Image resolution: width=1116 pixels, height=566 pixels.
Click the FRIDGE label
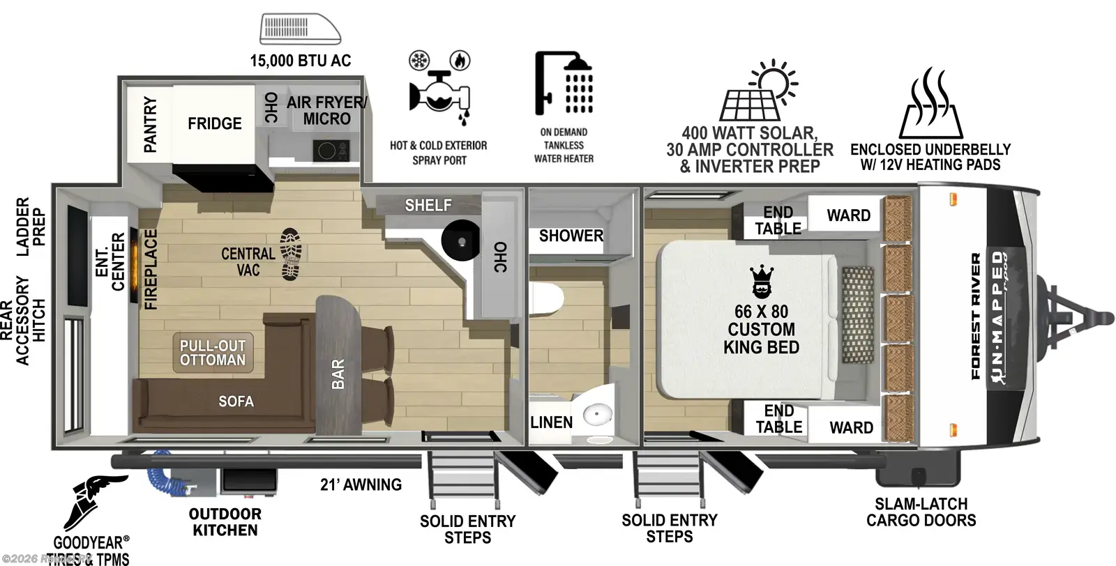[214, 123]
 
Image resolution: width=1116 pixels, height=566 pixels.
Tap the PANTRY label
[150, 125]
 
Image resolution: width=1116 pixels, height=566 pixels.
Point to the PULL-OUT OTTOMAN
[213, 353]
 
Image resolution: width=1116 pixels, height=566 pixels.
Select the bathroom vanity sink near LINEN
[596, 416]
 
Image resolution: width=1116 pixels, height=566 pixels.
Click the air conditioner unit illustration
[301, 29]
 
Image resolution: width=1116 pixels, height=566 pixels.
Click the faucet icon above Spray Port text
[439, 91]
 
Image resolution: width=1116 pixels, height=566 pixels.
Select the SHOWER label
[571, 236]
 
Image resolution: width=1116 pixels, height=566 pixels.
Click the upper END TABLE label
[778, 220]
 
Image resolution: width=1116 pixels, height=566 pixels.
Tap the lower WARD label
[851, 427]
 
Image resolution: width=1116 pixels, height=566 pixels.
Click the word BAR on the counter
[338, 374]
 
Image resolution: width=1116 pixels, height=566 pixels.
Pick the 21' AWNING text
[361, 484]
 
